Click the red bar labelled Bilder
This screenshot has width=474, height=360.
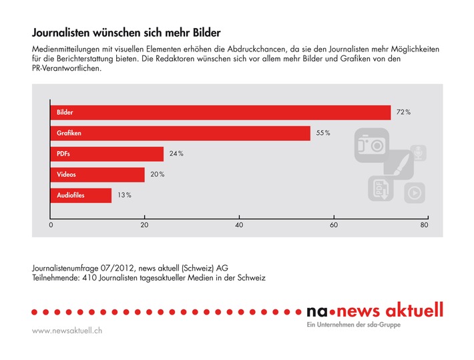point(220,113)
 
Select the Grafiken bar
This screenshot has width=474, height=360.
point(180,134)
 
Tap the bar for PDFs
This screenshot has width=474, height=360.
point(107,154)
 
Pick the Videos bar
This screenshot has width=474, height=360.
point(97,174)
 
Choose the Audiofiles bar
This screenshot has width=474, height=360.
point(81,195)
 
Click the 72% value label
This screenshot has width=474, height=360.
point(403,113)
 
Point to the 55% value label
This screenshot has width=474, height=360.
point(323,134)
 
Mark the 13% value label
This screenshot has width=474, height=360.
point(124,195)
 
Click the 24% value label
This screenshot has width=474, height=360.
point(176,154)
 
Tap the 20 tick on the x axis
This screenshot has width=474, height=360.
point(144,226)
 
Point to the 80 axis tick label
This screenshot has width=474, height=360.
point(423,226)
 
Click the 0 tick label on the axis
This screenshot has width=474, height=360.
point(51,226)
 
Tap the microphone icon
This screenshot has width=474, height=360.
point(419,153)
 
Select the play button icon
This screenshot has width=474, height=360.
point(414,193)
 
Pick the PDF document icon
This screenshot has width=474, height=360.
point(381,189)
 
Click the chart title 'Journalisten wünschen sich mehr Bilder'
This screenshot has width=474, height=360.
point(126,32)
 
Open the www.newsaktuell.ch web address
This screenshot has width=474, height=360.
point(67,331)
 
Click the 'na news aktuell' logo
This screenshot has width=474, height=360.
point(374,311)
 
